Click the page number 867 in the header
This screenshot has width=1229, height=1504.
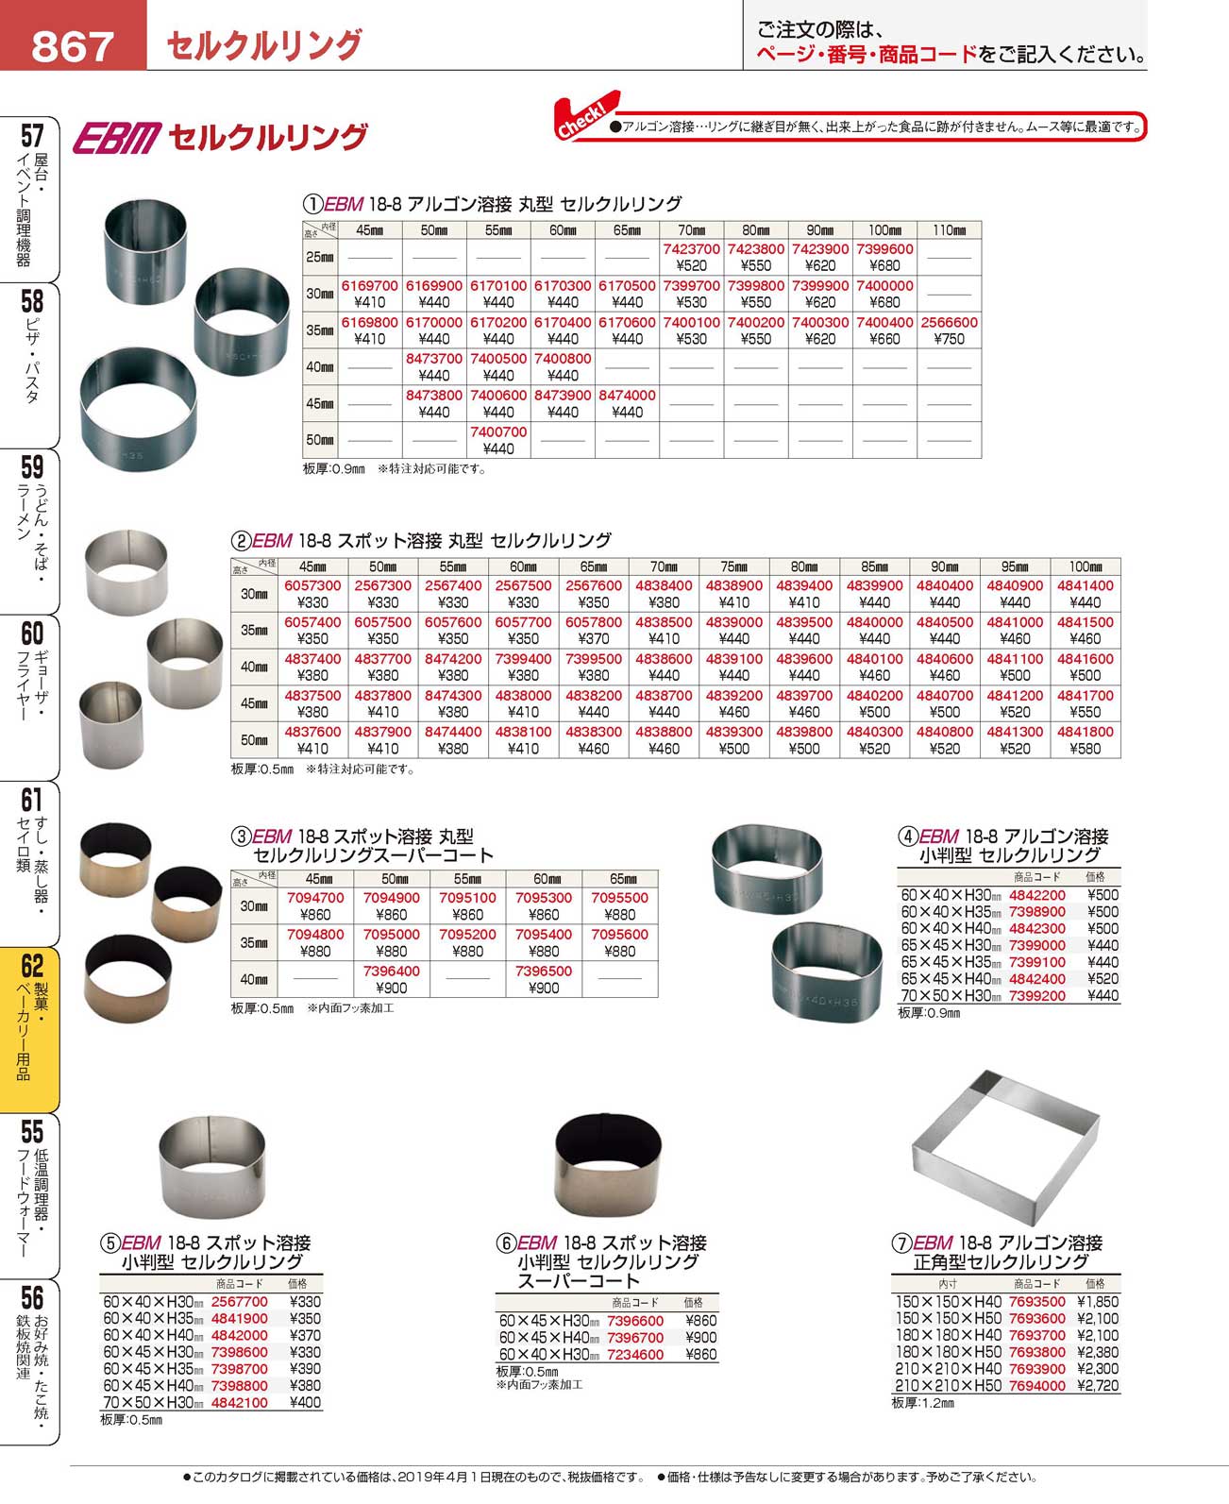(72, 43)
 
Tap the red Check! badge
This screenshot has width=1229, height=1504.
(585, 116)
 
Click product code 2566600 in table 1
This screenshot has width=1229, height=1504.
(949, 322)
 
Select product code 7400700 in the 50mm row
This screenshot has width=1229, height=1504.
(498, 431)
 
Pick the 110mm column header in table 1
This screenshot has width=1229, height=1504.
(949, 229)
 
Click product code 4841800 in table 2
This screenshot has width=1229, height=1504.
(1086, 732)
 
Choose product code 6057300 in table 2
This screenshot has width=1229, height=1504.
(312, 586)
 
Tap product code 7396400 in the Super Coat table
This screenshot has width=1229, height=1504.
(391, 972)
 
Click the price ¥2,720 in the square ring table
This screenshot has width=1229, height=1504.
(1096, 1386)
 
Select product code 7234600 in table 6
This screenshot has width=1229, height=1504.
(635, 1354)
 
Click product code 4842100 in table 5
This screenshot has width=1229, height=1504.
(240, 1403)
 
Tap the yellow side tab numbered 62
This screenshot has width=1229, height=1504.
(30, 1029)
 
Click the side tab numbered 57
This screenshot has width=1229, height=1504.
(30, 198)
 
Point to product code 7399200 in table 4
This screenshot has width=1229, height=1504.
(1036, 996)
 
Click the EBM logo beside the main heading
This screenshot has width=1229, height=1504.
(117, 138)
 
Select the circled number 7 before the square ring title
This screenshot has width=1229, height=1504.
(901, 1243)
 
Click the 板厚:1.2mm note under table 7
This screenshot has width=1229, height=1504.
(922, 1403)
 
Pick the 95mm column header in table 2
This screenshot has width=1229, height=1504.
(1015, 566)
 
